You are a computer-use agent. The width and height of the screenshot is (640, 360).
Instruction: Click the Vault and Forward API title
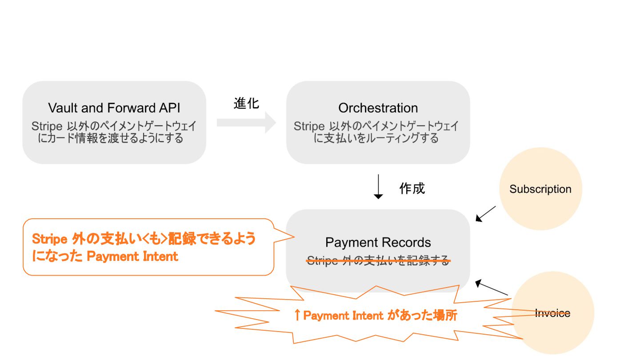pos(114,108)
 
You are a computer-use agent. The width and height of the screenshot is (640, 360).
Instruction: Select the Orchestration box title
pos(378,108)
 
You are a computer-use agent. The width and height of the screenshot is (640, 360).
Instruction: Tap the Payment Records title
pos(378,243)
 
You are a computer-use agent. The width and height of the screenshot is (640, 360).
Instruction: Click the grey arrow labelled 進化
pos(246,122)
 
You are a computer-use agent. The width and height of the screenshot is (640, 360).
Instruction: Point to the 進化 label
pos(246,104)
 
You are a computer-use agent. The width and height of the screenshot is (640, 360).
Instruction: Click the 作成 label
pos(412,188)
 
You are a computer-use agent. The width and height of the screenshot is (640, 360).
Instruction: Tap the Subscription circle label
pos(540,189)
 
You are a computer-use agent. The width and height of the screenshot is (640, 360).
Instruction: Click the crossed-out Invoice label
pos(552,313)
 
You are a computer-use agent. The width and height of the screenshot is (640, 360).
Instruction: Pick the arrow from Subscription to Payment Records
pos(485,213)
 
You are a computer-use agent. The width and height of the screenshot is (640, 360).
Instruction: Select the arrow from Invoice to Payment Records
pos(492,288)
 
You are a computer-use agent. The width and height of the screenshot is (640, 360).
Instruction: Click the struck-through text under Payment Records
pos(378,261)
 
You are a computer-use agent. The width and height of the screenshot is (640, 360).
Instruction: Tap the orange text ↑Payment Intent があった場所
pos(376,316)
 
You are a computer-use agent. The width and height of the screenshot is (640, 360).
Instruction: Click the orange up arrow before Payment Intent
pos(297,316)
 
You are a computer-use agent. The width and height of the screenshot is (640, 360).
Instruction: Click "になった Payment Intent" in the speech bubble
pos(105,256)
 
